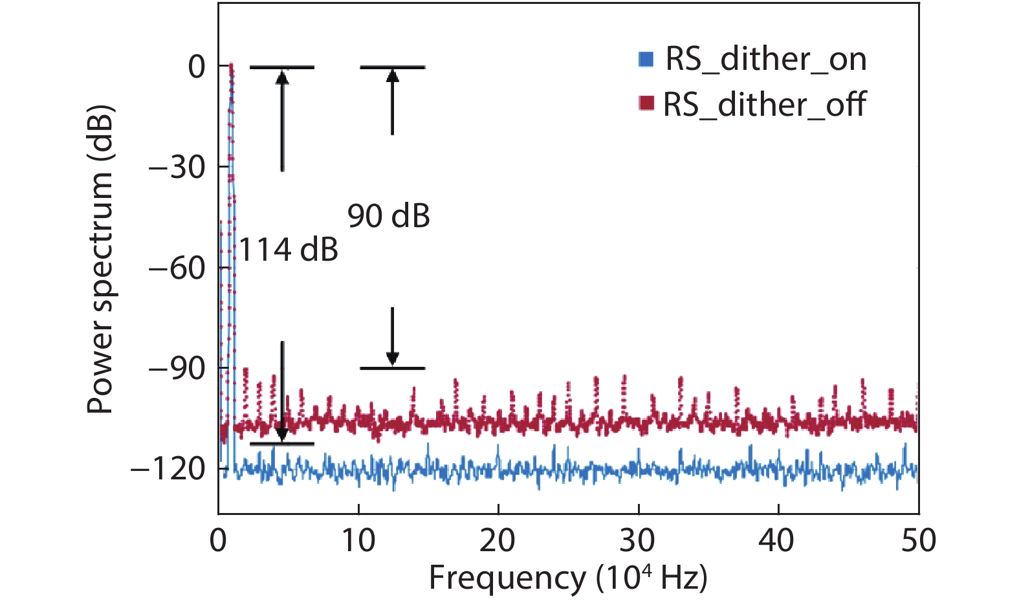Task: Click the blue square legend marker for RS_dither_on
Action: pos(646,59)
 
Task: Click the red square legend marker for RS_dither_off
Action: pos(646,104)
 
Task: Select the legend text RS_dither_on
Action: pos(766,60)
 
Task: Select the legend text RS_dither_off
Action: pos(764,104)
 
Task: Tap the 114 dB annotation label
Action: pos(289,249)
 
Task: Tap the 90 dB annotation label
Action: pos(389,216)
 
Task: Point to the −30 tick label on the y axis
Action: pos(177,168)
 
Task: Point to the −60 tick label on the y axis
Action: pos(177,268)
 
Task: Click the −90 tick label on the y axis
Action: pos(177,368)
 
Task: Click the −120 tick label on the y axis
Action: pos(168,468)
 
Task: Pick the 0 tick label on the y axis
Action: pos(197,67)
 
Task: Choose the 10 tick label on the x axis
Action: pos(358,540)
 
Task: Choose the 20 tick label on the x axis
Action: pos(498,540)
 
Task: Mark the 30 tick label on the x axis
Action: pos(638,540)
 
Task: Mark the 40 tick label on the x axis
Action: pos(777,540)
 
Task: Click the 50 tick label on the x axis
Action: pos(918,540)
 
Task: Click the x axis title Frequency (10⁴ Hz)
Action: pos(568,578)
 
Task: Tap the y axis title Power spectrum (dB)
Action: pos(101,259)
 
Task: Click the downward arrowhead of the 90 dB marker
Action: pos(392,359)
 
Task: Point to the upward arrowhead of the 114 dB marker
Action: pos(282,76)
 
